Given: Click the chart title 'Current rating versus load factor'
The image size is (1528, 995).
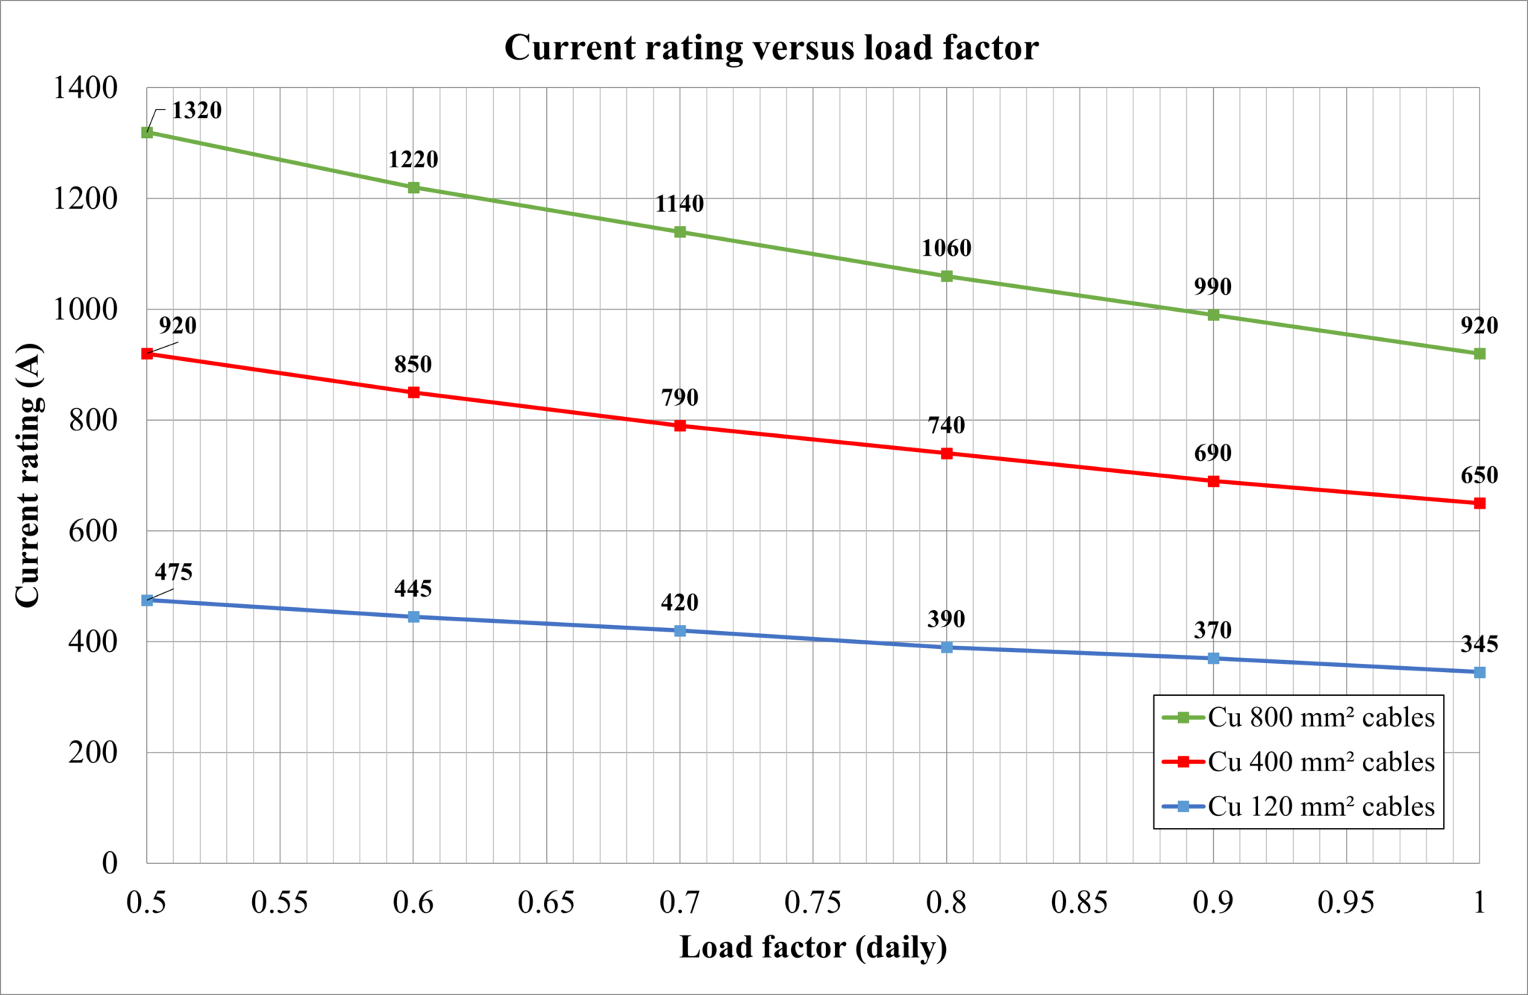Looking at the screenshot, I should click(771, 48).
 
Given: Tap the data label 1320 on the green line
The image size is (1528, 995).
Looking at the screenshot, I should click(197, 110).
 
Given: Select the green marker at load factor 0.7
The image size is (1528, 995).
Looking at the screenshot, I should click(680, 232).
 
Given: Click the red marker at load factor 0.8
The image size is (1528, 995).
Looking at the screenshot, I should click(947, 453).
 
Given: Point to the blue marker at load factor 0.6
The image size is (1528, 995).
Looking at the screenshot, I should click(414, 617).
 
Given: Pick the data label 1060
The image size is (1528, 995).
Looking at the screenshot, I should click(946, 248).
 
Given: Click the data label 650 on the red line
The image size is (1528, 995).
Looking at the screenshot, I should click(1479, 476).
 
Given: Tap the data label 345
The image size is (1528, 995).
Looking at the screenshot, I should click(1479, 644).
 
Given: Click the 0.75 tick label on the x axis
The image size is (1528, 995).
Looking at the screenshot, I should click(812, 903).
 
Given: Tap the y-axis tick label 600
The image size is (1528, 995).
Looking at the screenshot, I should click(93, 531).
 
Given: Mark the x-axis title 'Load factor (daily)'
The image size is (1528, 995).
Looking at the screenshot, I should click(813, 947).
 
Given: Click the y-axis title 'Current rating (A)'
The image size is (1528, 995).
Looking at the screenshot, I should click(28, 475).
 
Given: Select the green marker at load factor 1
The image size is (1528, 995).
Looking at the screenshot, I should click(1480, 354).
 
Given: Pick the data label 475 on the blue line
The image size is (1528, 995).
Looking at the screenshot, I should click(174, 573).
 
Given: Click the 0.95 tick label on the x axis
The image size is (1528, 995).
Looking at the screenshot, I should click(1345, 903).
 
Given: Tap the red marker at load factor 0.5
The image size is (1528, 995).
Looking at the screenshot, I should click(147, 354).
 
